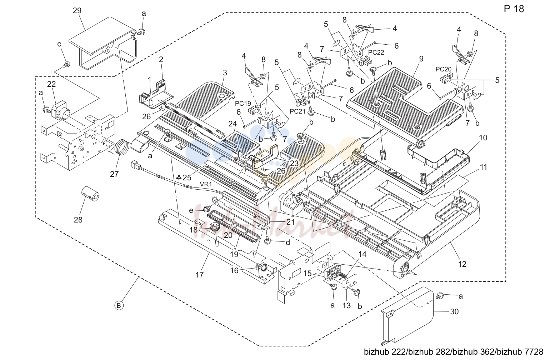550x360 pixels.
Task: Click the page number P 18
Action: point(514,9)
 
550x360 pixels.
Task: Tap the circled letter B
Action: point(119,306)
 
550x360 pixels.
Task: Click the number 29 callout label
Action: point(77,11)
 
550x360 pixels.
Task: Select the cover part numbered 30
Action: point(407,316)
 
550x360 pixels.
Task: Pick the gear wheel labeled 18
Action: point(214,227)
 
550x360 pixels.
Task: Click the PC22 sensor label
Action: point(376,52)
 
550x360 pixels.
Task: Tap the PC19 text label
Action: point(243,104)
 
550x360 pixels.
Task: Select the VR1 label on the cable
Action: point(206,184)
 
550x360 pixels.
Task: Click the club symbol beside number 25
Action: point(179,177)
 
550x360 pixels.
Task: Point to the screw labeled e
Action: point(207,209)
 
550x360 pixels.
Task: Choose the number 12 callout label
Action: point(462,264)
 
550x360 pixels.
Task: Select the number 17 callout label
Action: point(200,275)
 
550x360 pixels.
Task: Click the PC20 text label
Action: point(444,69)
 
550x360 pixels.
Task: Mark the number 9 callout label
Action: point(421,59)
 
